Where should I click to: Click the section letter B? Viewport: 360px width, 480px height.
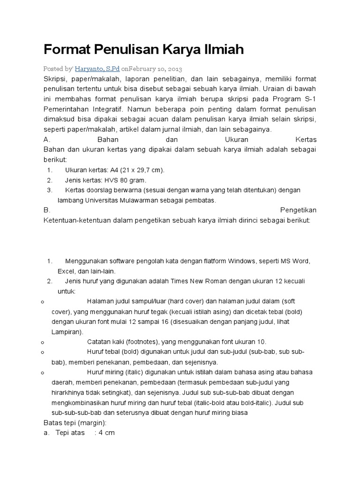[x=45, y=210]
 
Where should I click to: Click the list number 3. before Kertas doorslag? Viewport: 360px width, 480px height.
[x=50, y=190]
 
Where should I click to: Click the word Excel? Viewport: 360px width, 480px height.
[x=67, y=271]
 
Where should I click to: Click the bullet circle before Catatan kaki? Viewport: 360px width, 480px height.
[x=43, y=342]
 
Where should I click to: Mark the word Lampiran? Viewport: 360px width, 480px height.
[x=66, y=332]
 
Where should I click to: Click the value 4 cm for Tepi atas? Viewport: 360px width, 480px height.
[x=105, y=433]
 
